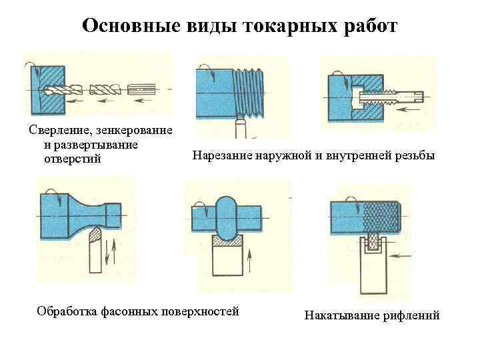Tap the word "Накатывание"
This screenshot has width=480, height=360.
pos(340,315)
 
